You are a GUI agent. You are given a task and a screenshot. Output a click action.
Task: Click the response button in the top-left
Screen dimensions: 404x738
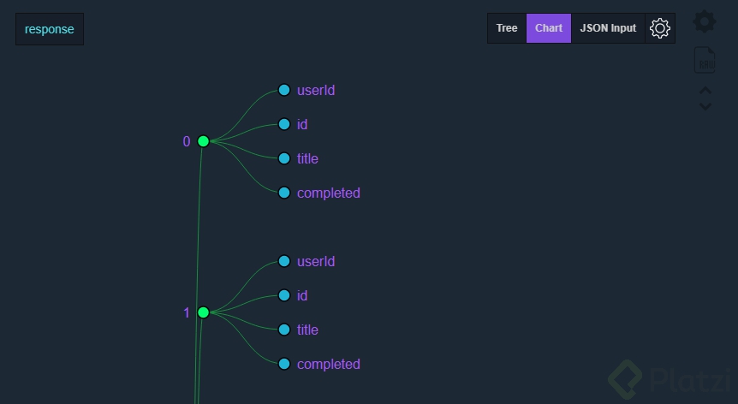coord(50,29)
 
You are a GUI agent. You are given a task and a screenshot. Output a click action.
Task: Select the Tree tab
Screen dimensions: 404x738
coord(507,28)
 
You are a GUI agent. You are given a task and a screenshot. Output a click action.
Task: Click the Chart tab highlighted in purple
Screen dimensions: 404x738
coord(549,28)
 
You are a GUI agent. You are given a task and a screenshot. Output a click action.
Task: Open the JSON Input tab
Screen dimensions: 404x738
coord(608,28)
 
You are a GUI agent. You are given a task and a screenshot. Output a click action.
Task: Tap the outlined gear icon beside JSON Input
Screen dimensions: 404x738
coord(659,28)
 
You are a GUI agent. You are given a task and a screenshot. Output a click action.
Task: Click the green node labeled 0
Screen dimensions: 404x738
coord(203,141)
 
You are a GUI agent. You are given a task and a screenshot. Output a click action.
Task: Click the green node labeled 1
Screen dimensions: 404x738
coord(203,312)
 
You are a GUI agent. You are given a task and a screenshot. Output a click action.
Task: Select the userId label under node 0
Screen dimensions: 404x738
coord(315,90)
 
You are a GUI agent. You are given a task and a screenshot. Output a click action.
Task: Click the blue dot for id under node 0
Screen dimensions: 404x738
coord(284,124)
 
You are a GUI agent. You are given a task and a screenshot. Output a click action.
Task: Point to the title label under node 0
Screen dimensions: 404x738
coord(307,158)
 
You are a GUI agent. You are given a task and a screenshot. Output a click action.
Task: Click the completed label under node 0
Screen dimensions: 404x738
coord(328,193)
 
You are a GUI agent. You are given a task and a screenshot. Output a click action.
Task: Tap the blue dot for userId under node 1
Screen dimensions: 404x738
coord(284,261)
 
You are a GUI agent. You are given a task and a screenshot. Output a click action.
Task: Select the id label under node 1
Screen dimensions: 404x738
coord(302,295)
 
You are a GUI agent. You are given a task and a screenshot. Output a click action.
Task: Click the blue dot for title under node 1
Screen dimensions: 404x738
coord(284,330)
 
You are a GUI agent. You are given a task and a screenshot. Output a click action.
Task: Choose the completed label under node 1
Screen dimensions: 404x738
coord(328,364)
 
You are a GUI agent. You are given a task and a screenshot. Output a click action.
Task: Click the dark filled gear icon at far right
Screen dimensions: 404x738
coord(705,21)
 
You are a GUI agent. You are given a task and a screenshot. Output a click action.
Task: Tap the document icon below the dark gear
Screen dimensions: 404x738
coord(705,60)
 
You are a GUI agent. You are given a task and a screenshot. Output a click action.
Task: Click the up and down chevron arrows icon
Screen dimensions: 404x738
coord(705,98)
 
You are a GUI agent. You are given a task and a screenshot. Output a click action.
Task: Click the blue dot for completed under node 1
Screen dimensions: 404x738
coord(284,364)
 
